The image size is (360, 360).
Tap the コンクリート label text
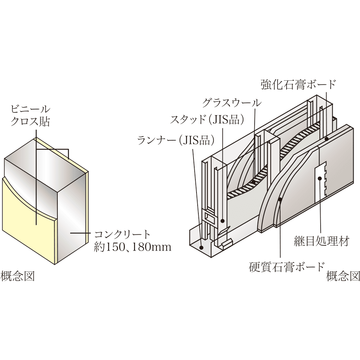tap(122, 235)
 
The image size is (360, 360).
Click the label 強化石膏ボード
tap(298, 85)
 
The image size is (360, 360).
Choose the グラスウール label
tap(231, 102)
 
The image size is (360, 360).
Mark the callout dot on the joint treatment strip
tap(320, 179)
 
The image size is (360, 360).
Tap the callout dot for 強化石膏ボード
tap(327, 139)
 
